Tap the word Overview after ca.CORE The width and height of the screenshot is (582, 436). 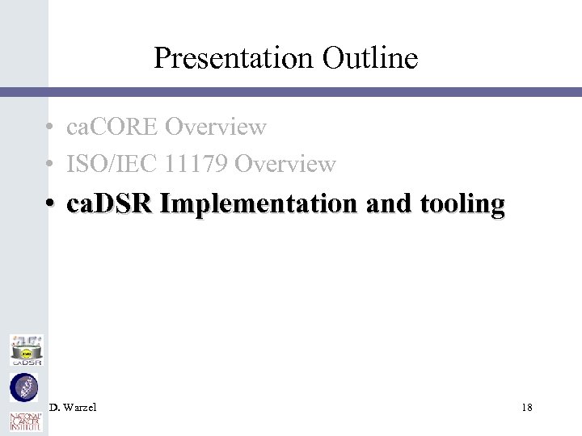(x=215, y=127)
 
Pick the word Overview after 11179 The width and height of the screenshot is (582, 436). (x=285, y=164)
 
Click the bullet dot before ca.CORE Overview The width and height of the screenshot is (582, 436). (x=50, y=128)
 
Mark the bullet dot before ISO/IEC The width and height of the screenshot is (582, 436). (x=50, y=165)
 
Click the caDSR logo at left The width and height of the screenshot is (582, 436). (x=26, y=350)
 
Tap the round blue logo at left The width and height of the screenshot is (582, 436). (x=24, y=388)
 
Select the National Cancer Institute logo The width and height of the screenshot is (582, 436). (x=24, y=422)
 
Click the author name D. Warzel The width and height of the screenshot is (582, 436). (x=73, y=408)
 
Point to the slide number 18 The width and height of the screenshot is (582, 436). (x=527, y=408)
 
